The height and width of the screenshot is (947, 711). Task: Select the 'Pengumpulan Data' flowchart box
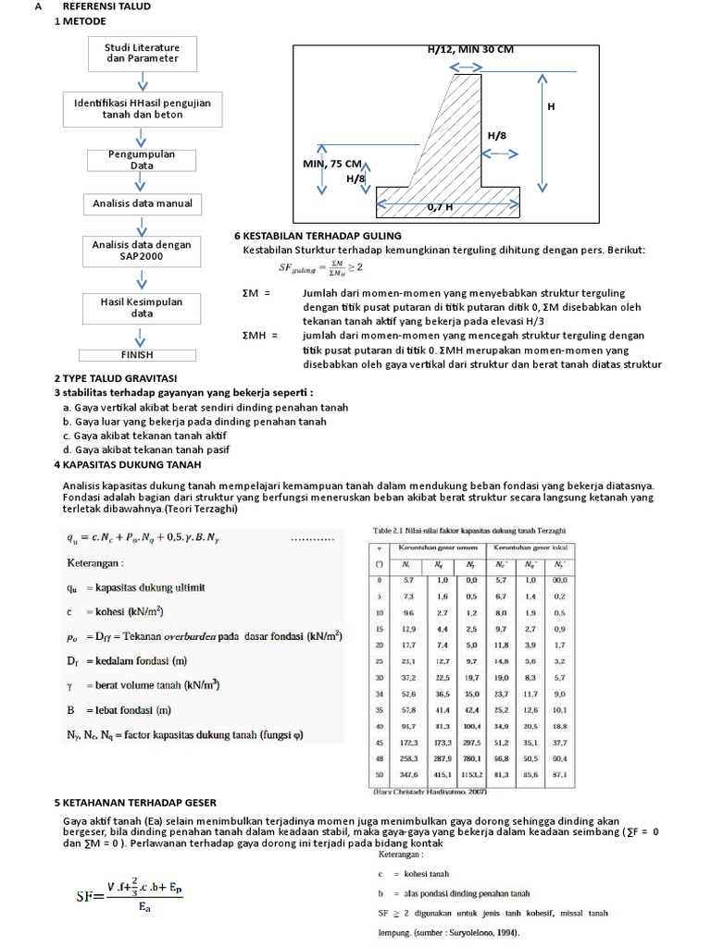(142, 159)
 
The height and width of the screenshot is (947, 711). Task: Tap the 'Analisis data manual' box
(142, 203)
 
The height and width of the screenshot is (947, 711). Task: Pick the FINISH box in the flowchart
(137, 354)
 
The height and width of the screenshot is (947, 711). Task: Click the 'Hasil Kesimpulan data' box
(142, 307)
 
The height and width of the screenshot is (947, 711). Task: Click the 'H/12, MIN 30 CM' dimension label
(469, 50)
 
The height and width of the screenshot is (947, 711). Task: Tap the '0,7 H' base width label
(440, 208)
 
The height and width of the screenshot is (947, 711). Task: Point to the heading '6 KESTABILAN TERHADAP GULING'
(313, 237)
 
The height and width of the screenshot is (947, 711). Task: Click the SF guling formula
(320, 268)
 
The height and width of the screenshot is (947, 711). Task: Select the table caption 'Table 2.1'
(469, 530)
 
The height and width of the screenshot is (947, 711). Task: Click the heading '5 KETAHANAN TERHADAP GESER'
(135, 802)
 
